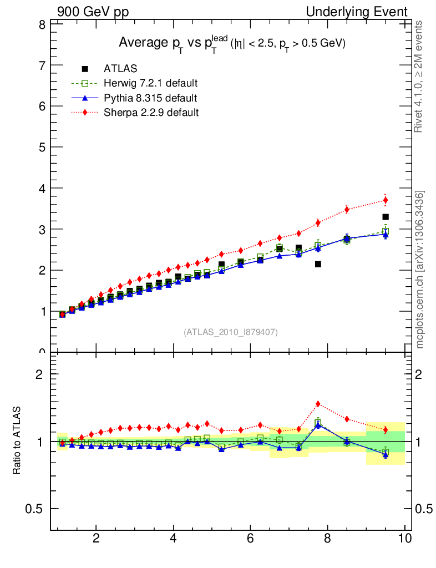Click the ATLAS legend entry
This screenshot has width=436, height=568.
(x=120, y=69)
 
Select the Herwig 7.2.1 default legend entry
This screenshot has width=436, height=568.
(x=150, y=83)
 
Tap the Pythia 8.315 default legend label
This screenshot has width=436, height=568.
(x=150, y=98)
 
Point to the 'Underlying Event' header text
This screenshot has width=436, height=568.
(x=357, y=12)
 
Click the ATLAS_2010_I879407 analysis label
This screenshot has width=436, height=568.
(x=231, y=332)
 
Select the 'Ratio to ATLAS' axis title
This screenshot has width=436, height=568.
(x=17, y=441)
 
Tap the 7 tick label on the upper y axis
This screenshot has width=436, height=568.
(x=42, y=65)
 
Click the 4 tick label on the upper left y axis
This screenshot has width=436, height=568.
(x=42, y=188)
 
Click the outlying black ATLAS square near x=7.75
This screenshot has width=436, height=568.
(x=318, y=264)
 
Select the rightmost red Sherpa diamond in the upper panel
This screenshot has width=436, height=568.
(x=386, y=200)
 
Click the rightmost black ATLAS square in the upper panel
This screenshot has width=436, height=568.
(x=386, y=217)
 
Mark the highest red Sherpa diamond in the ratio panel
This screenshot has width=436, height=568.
(x=318, y=404)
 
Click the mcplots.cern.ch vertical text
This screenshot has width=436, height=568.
(x=420, y=270)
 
